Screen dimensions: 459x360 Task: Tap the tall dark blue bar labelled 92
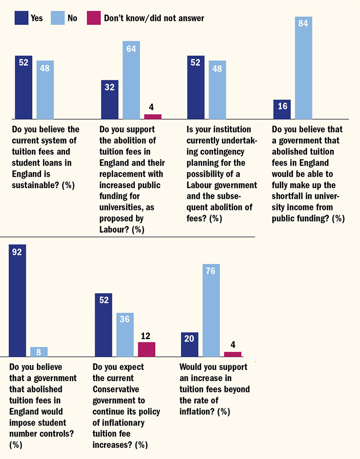pos(17,300)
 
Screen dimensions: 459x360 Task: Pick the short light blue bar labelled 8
pos(39,352)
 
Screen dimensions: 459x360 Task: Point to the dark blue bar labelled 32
pos(109,99)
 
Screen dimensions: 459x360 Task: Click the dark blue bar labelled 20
pos(189,345)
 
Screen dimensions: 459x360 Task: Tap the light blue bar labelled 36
pos(125,335)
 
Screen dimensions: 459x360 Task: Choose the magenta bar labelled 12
pos(146,349)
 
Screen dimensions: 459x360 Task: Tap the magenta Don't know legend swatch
pos(94,18)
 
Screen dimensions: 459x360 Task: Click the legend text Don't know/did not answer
pos(154,18)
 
